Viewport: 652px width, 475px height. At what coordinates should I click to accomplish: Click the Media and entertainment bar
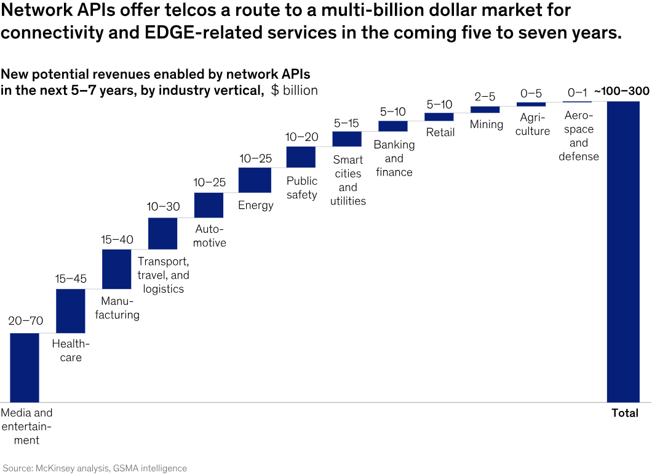coord(25,367)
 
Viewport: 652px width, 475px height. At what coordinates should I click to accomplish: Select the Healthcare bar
coord(71,311)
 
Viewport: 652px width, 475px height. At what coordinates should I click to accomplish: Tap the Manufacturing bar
coord(116,269)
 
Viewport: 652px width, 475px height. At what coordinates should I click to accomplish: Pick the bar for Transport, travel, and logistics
coord(162,233)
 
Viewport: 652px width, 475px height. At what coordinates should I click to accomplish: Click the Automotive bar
coord(209,205)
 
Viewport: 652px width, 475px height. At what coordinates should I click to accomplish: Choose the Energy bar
coord(255,180)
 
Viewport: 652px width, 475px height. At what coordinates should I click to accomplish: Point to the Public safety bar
coord(301,157)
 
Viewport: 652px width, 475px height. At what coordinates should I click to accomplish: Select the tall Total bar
coord(623,251)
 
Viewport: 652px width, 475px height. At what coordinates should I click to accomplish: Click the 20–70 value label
coord(25,320)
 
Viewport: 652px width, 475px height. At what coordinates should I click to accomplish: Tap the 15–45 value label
coord(71,278)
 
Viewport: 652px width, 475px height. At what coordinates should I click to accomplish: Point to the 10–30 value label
coord(163,207)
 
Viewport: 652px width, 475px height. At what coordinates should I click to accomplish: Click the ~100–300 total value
coord(621,92)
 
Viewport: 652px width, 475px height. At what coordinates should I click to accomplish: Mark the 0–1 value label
coord(578,92)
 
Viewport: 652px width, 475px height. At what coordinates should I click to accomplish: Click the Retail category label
coord(440,132)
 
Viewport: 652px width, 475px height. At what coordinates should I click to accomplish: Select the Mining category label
coord(487,124)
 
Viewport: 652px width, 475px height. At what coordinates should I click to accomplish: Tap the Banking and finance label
coord(394,158)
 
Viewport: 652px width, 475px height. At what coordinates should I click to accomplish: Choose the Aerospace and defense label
coord(578,136)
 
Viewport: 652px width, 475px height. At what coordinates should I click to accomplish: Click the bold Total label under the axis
coord(625,413)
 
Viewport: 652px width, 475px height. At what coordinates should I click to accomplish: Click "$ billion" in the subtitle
coord(294,91)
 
